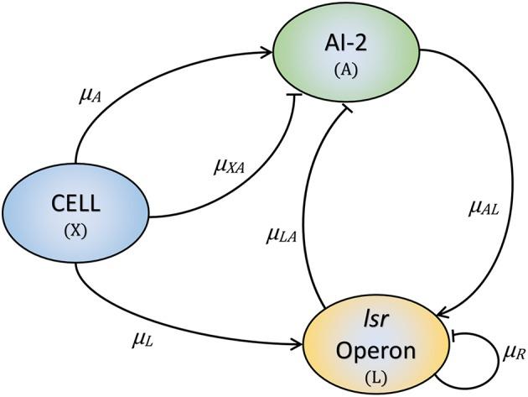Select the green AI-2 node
pyautogui.click(x=346, y=53)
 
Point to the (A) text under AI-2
pyautogui.click(x=346, y=71)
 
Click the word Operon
pyautogui.click(x=375, y=350)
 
